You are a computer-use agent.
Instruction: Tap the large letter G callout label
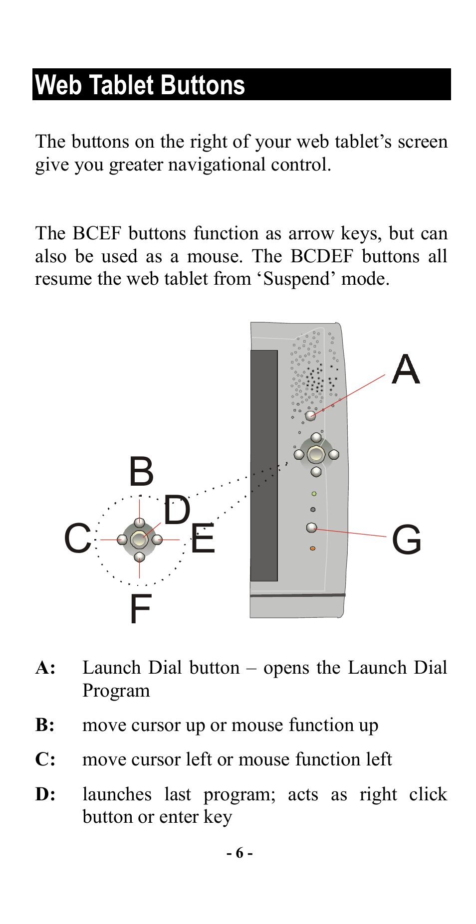coord(407,540)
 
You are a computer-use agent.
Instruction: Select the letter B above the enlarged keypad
coord(141,472)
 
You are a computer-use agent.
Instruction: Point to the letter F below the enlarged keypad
coord(141,609)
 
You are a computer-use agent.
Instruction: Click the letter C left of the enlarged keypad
coord(78,539)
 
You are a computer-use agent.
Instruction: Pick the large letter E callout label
coord(203,539)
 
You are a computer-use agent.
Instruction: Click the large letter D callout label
coord(177,510)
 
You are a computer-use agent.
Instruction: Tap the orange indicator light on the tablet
coord(312,549)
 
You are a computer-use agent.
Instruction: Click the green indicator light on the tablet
coord(314,494)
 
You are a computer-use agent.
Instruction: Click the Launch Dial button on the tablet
coord(310,415)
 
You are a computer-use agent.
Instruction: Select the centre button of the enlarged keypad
coord(139,539)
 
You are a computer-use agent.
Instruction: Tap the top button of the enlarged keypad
coord(140,523)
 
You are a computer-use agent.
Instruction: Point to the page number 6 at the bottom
coord(239,853)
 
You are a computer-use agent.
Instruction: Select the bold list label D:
coord(45,794)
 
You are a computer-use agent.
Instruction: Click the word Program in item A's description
coord(116,691)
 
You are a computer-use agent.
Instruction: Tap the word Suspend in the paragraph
coord(296,279)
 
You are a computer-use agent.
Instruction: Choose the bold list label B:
coord(45,725)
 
